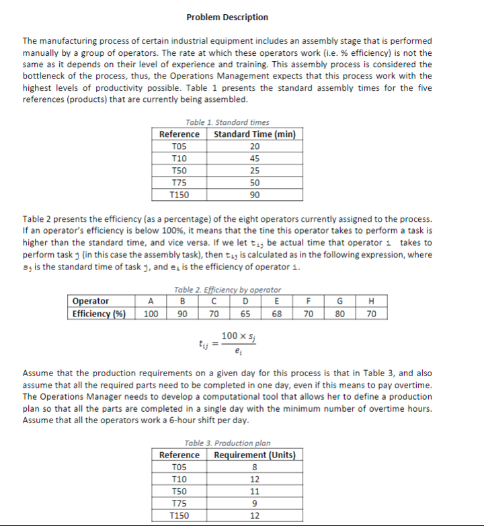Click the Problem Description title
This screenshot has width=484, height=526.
(x=227, y=17)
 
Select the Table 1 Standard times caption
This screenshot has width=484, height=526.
(x=227, y=122)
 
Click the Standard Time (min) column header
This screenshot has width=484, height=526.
(x=254, y=134)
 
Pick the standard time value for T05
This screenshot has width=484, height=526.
(x=254, y=146)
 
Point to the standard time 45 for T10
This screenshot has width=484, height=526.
(x=254, y=159)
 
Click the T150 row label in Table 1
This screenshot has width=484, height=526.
(x=179, y=195)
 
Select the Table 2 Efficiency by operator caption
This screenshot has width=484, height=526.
(x=227, y=289)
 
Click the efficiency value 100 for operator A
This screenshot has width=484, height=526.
(x=152, y=314)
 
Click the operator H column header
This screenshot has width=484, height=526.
(x=372, y=302)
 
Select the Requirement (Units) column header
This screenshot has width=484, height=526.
(x=254, y=455)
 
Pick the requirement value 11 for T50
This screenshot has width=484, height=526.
(x=254, y=491)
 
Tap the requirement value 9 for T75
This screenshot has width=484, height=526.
(x=254, y=503)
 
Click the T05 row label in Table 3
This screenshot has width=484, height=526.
(x=179, y=467)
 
